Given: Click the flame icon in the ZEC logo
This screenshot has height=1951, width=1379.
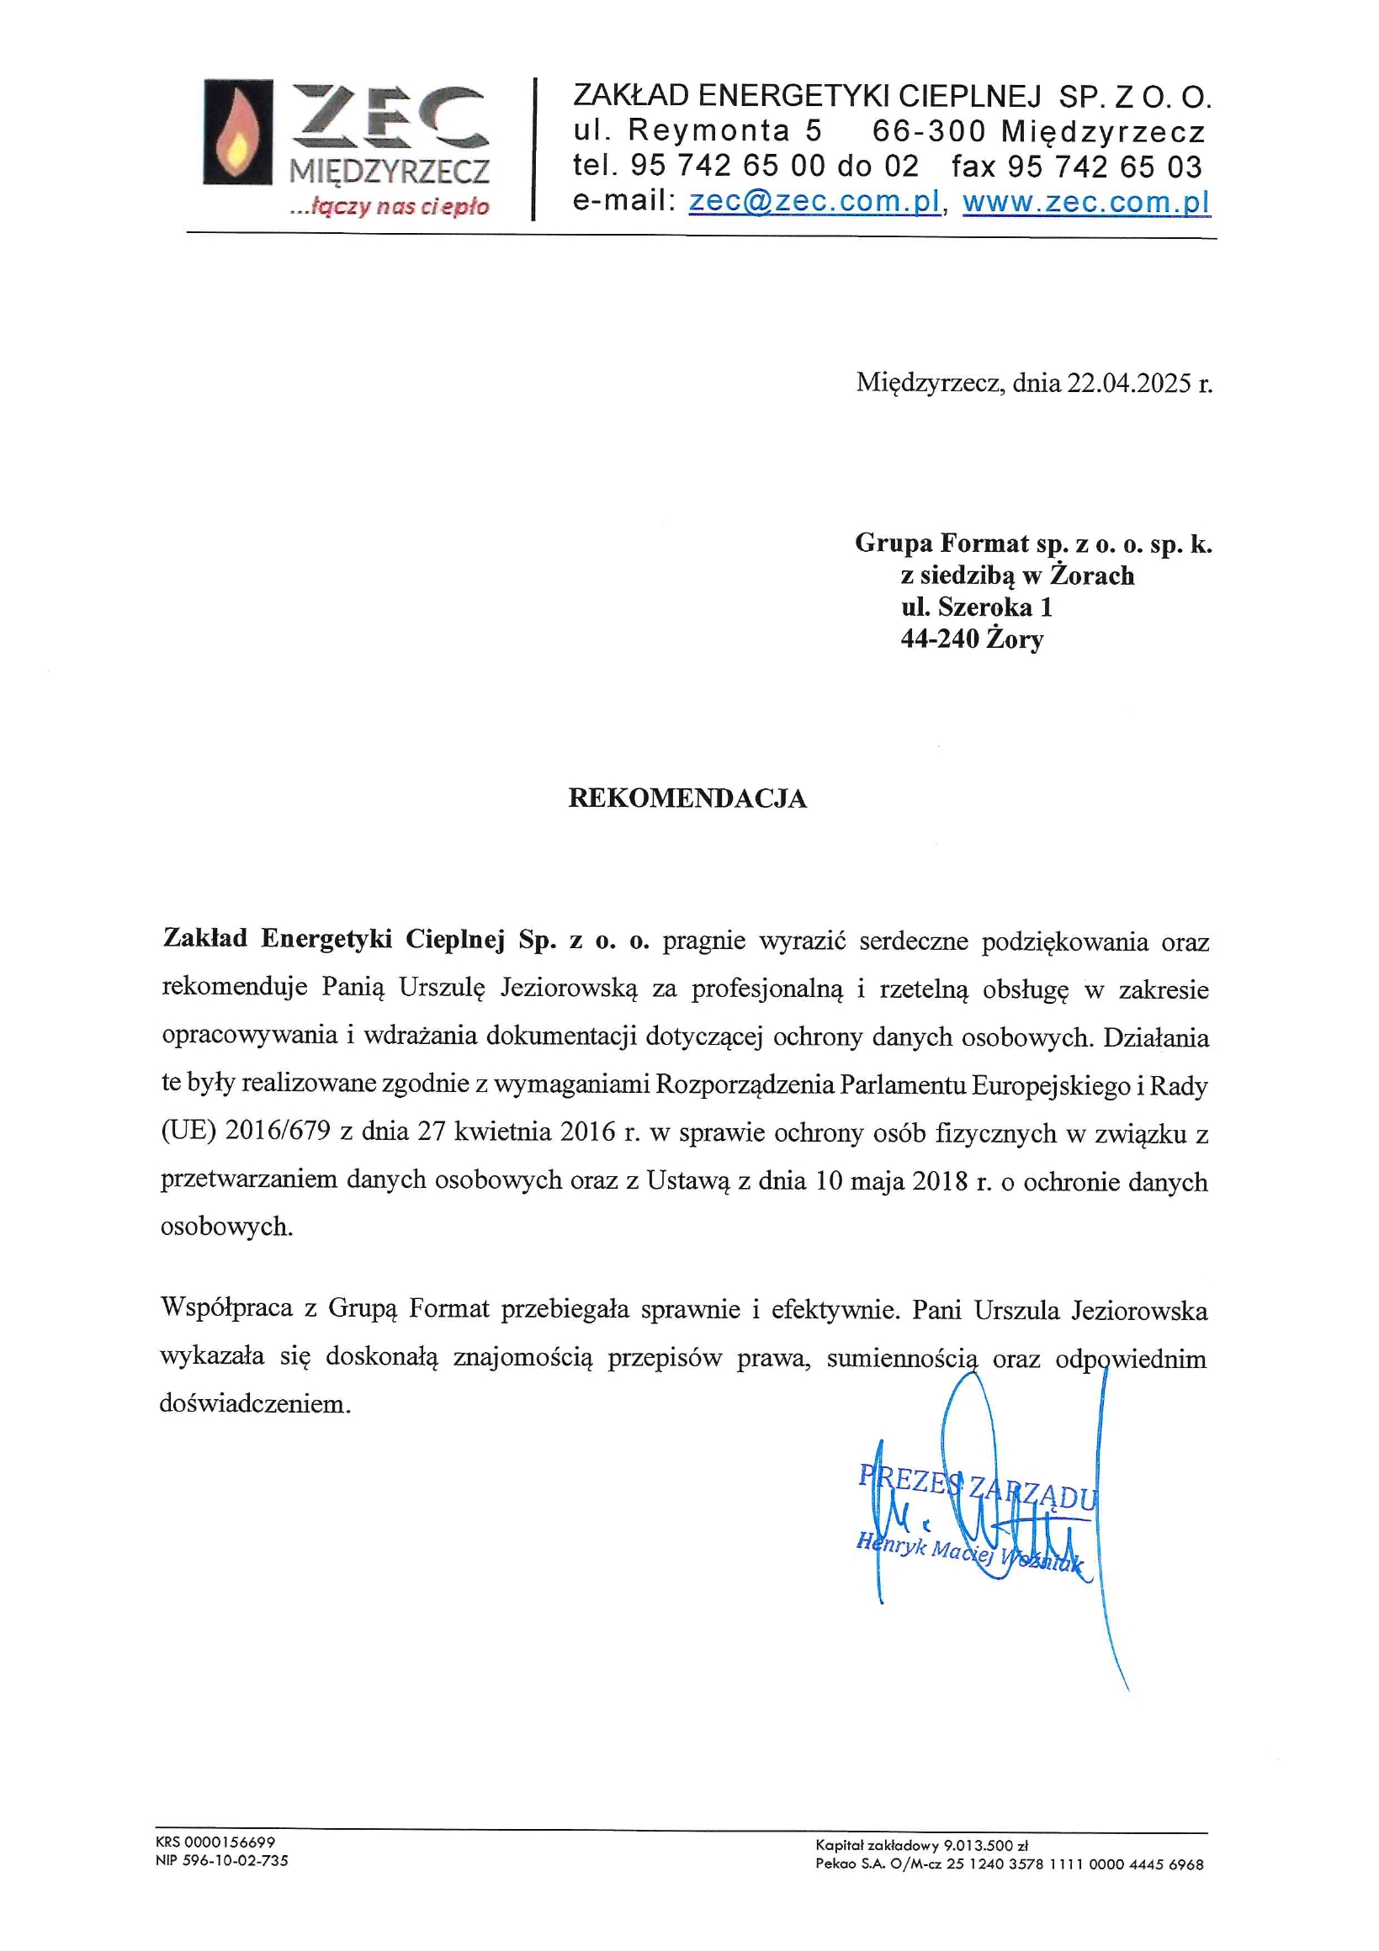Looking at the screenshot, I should pos(237,132).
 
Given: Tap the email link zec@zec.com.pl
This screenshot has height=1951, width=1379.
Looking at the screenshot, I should pos(814,201).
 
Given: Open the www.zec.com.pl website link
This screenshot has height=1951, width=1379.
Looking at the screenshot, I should pos(1085,201).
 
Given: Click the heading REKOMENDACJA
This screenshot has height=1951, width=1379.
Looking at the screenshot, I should pos(687,798).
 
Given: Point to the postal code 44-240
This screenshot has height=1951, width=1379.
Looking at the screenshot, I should pos(940,639).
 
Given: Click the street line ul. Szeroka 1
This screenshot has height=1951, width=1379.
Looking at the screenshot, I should pos(976,607).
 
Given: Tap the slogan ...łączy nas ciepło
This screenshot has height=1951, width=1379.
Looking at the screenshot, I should pos(390,206).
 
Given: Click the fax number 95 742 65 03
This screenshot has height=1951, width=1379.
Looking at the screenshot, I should pos(1104,167).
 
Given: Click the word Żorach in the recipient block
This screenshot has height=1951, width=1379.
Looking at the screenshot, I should pos(1092,575).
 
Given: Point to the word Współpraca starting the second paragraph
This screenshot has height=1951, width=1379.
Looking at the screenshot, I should pos(226,1307).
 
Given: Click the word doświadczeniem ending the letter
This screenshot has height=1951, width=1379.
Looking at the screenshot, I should pos(254,1403).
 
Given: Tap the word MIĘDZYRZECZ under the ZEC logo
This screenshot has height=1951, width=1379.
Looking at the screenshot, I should pos(390,172).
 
